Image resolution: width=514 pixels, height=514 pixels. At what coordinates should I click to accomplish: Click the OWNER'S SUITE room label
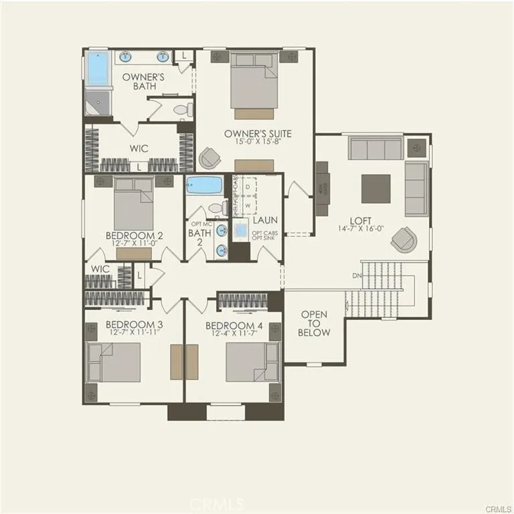258,133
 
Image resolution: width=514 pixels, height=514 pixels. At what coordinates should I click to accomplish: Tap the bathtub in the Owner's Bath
98,68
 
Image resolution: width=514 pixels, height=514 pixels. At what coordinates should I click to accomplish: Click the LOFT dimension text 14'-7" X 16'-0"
362,229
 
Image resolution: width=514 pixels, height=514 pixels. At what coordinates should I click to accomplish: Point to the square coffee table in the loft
375,189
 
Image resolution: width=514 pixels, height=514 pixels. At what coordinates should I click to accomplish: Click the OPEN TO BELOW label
315,323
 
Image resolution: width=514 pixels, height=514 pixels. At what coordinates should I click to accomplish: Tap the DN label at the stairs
357,275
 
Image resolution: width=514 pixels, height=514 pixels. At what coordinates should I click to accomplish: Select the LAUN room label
265,220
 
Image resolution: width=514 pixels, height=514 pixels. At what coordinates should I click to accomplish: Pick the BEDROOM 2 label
134,236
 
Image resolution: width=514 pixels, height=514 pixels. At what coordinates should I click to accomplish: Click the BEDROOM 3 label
134,325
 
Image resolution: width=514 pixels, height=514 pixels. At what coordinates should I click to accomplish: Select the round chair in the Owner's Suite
209,157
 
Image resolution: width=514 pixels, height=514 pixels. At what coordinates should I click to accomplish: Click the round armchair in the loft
404,238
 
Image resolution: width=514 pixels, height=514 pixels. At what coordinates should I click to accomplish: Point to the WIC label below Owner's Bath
139,148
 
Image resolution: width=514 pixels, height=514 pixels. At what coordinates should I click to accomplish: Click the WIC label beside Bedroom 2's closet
100,268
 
